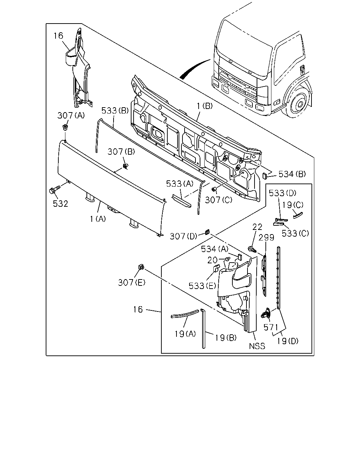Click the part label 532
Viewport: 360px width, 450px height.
(x=60, y=204)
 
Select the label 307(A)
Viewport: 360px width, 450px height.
(x=71, y=115)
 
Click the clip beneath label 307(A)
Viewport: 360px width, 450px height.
(x=65, y=127)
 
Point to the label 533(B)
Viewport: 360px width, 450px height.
(x=115, y=110)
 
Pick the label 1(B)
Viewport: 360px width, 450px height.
(x=205, y=106)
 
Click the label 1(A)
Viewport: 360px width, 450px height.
(x=98, y=219)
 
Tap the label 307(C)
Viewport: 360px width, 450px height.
(x=219, y=200)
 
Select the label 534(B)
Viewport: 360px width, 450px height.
(x=292, y=174)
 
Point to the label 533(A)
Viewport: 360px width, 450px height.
(x=180, y=184)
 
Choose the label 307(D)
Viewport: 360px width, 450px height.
(x=184, y=236)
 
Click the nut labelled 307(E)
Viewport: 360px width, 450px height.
(x=141, y=267)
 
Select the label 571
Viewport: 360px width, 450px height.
(x=271, y=327)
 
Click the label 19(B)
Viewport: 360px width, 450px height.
(x=226, y=337)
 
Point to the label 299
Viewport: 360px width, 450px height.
(x=266, y=237)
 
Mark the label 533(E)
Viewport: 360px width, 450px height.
(x=202, y=285)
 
